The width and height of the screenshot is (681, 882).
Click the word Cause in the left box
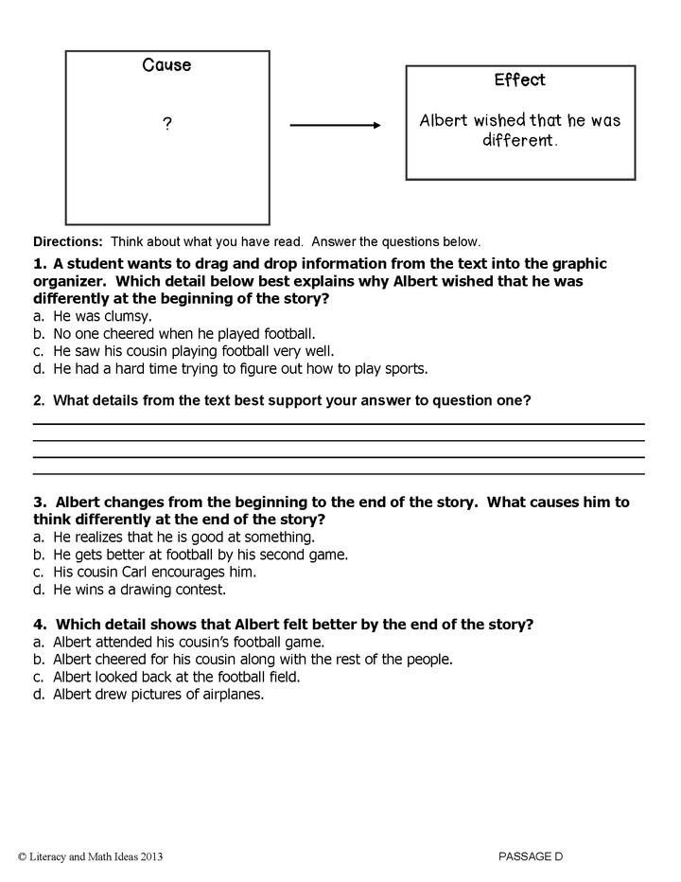(x=166, y=65)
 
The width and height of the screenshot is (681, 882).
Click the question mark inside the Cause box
(x=167, y=125)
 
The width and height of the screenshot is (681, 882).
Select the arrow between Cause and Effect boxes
(x=335, y=125)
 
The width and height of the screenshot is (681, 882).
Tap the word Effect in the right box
(x=519, y=80)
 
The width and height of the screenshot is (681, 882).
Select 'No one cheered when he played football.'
(x=183, y=333)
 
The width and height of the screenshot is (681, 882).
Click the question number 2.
(x=38, y=400)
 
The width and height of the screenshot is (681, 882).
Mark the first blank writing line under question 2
(x=339, y=424)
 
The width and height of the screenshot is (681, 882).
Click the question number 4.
(x=38, y=624)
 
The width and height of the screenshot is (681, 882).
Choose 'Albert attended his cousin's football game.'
(x=188, y=642)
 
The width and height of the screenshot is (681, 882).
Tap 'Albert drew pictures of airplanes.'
(x=158, y=693)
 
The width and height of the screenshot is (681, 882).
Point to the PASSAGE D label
(x=531, y=856)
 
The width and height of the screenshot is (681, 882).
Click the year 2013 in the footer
(x=150, y=856)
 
